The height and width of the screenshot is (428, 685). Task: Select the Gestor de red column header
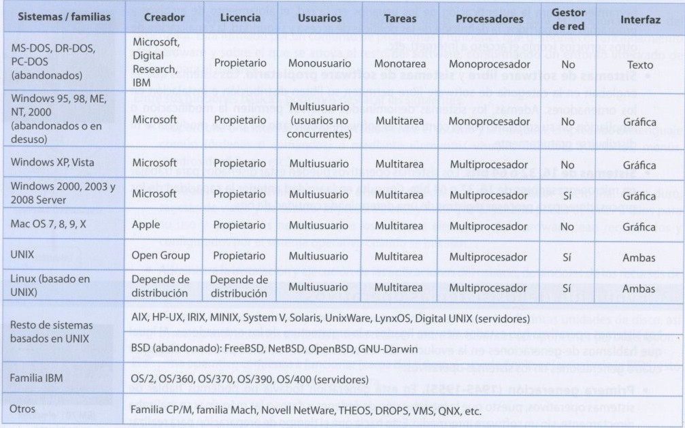pyautogui.click(x=568, y=18)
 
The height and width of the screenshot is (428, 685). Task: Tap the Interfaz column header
pyautogui.click(x=640, y=20)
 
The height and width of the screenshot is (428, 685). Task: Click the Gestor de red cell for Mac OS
pyautogui.click(x=567, y=226)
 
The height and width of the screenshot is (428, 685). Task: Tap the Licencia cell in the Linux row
pyautogui.click(x=239, y=287)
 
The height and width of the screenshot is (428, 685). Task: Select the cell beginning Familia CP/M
pyautogui.click(x=306, y=411)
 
